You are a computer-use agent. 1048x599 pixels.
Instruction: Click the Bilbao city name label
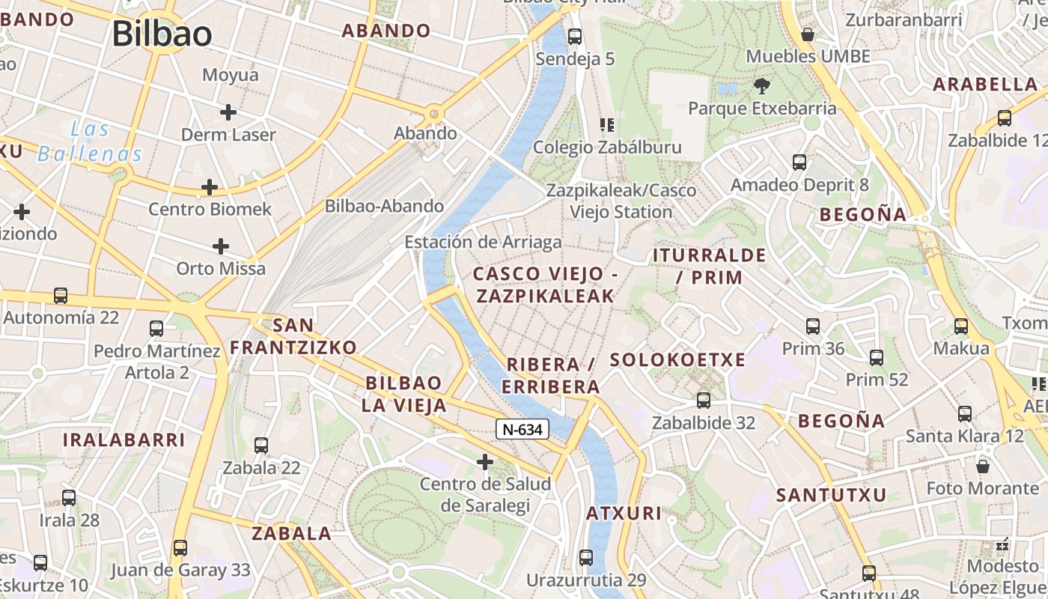point(162,34)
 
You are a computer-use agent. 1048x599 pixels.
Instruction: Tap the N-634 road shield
point(523,429)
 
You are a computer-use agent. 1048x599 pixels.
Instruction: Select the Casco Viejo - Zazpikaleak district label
point(546,285)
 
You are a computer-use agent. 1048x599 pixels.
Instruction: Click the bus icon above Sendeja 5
point(575,36)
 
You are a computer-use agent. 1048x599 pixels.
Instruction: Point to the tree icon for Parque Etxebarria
point(762,85)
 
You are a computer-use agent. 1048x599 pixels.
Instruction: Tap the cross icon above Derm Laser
point(228,112)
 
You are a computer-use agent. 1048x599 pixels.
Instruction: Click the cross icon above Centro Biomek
point(210,186)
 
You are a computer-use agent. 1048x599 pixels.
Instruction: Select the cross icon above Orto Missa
point(221,246)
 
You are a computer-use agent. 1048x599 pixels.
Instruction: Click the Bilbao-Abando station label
point(384,206)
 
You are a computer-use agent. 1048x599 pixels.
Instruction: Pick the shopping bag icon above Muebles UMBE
point(808,34)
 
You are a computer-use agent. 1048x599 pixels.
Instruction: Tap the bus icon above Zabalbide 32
point(703,400)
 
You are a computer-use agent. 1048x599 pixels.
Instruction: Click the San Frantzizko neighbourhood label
point(293,336)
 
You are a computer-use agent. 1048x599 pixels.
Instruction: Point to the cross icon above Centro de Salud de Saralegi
point(485,462)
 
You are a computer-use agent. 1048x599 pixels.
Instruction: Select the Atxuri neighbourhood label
point(624,513)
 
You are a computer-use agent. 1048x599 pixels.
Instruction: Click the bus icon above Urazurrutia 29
point(585,558)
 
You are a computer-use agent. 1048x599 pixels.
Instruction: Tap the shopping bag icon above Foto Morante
point(983,466)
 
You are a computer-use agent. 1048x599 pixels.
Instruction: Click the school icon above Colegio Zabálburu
point(606,124)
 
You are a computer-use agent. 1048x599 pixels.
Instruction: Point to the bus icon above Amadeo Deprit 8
point(799,162)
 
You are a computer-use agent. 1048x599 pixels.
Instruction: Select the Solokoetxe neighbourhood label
point(677,359)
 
